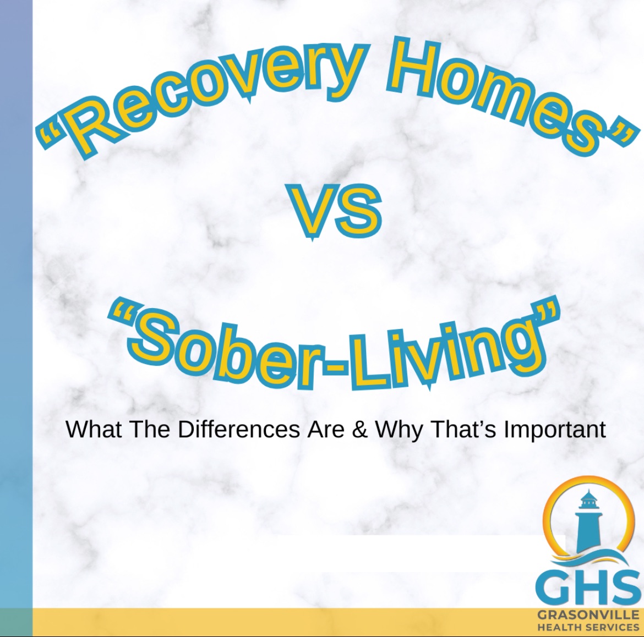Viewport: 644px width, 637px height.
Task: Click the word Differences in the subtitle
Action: [239, 429]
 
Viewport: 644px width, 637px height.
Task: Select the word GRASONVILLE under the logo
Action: [588, 614]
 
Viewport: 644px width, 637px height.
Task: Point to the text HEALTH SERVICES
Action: [588, 627]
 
